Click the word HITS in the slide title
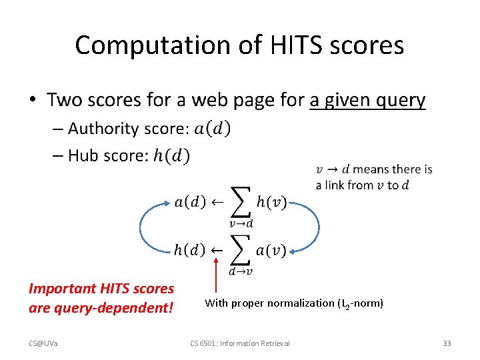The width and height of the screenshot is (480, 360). click(x=289, y=45)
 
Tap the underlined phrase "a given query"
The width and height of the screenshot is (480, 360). click(x=367, y=100)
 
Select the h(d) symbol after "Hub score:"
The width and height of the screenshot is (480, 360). click(x=171, y=155)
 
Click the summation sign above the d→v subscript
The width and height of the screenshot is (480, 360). click(x=240, y=249)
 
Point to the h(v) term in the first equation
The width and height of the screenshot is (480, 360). click(x=271, y=202)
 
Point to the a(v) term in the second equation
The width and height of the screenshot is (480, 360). click(x=271, y=251)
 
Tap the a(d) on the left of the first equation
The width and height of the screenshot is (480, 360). click(x=190, y=202)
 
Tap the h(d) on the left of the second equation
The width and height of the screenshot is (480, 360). click(x=189, y=251)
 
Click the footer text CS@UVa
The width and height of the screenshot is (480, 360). click(x=43, y=343)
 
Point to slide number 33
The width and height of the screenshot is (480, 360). click(x=447, y=343)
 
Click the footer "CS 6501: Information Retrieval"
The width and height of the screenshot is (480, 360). click(x=240, y=343)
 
